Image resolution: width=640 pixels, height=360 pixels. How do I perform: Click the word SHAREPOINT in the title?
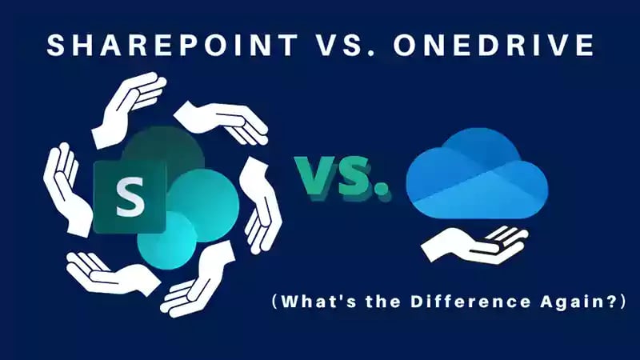(x=173, y=44)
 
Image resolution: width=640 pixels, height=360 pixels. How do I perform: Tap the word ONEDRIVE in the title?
(x=494, y=44)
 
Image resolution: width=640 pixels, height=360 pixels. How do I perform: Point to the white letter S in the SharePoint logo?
(x=130, y=197)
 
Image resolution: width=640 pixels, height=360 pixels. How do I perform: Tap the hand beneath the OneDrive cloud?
(x=474, y=245)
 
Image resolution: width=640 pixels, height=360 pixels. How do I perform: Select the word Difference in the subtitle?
(x=470, y=302)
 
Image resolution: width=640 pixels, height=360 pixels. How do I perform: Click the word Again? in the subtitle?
(x=577, y=302)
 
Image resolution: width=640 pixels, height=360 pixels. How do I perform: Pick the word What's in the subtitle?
(x=321, y=302)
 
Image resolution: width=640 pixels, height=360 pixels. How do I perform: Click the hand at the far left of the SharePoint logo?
(x=66, y=189)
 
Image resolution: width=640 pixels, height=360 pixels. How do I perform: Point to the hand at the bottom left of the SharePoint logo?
(x=112, y=274)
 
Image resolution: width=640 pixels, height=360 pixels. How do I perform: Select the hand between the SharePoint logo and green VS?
(x=261, y=206)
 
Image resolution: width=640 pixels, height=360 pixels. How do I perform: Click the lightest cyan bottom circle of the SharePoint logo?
(x=166, y=241)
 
